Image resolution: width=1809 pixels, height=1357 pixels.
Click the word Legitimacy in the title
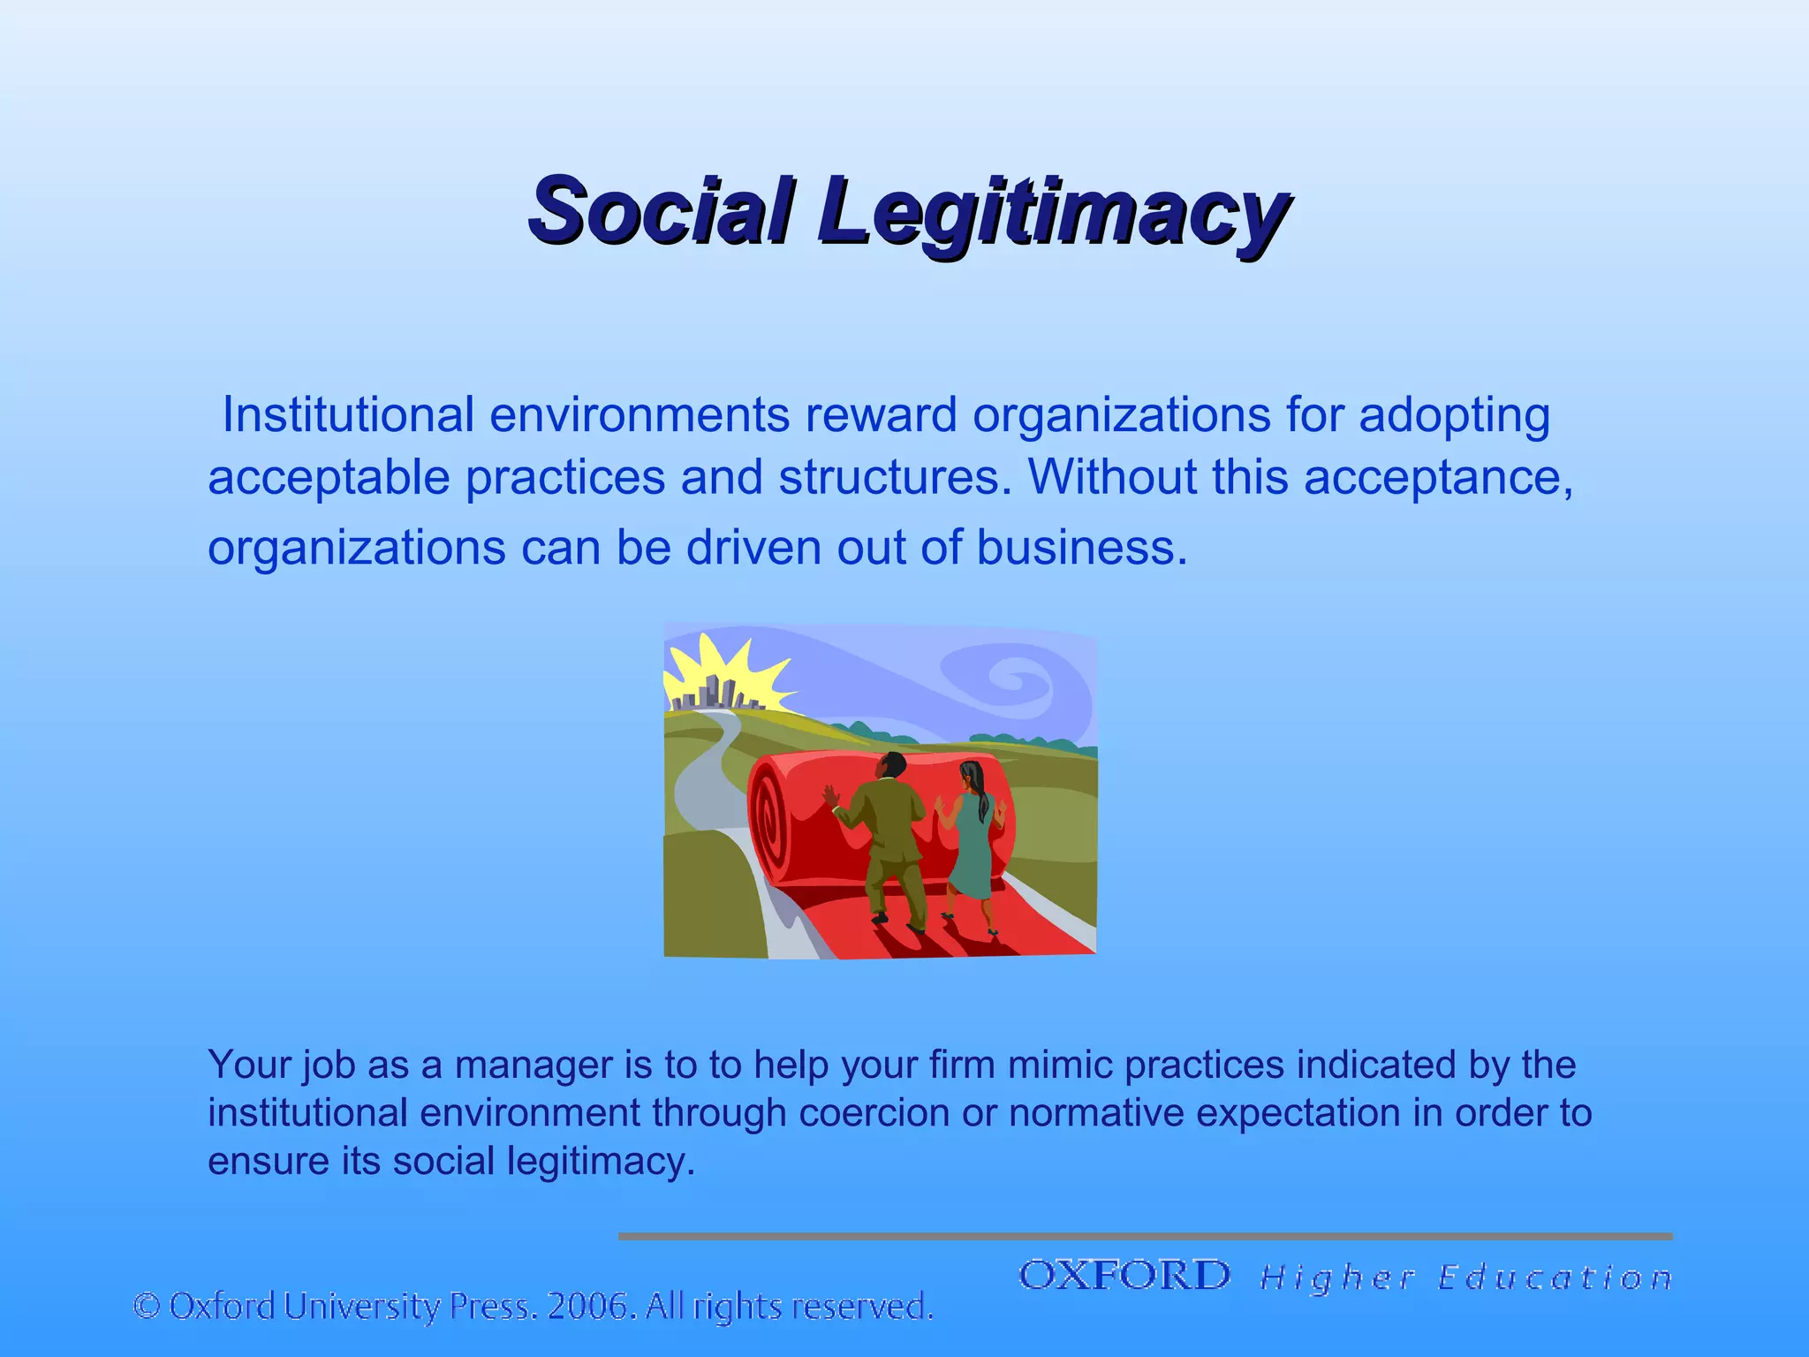click(x=1051, y=212)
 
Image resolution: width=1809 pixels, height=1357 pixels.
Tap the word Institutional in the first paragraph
click(x=348, y=414)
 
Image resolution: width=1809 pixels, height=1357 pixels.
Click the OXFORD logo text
click(x=1124, y=1276)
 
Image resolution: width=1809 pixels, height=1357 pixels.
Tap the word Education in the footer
click(x=1555, y=1277)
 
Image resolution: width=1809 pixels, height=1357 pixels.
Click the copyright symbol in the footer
click(x=147, y=1306)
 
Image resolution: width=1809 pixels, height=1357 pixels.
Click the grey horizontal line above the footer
click(x=1145, y=1236)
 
